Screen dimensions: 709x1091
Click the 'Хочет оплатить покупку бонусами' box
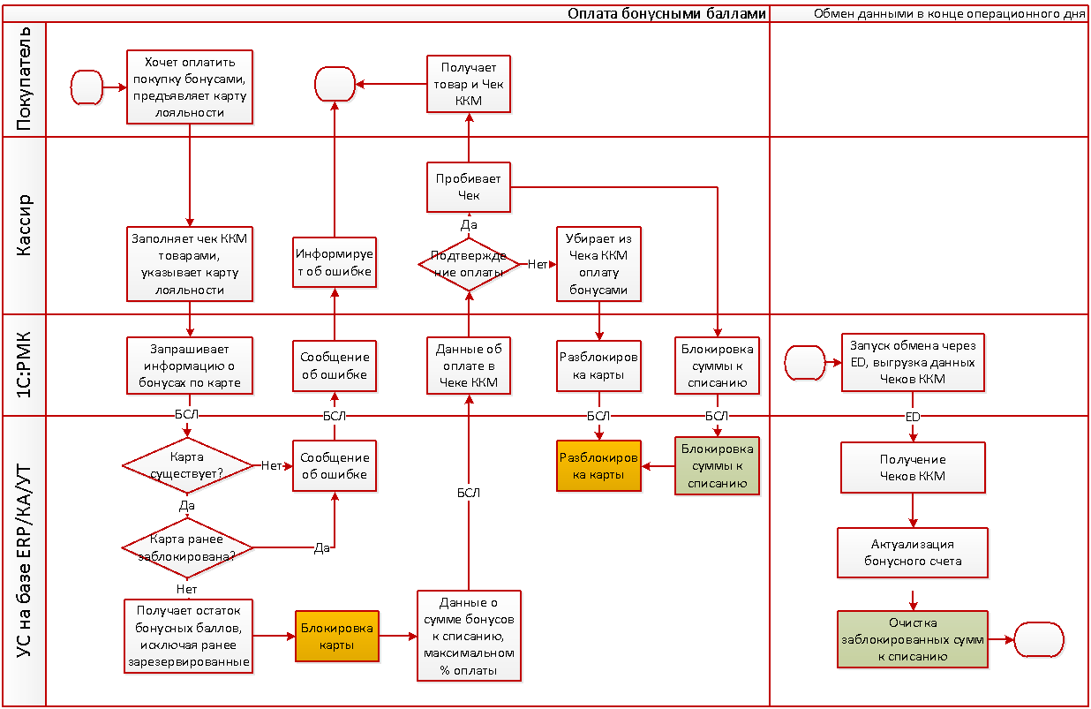tap(190, 86)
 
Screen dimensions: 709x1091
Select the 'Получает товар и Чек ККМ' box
tap(468, 85)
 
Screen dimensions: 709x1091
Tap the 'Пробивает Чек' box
tap(468, 187)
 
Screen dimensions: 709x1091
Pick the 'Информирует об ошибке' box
tap(334, 262)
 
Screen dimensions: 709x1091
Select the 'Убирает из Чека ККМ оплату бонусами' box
tap(599, 263)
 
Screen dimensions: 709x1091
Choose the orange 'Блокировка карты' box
tap(336, 637)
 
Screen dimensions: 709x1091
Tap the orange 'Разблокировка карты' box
tap(599, 466)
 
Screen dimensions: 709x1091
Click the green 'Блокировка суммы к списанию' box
tap(717, 466)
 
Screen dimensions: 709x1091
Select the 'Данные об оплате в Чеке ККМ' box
tap(468, 365)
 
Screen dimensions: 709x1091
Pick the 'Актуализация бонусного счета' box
tap(913, 552)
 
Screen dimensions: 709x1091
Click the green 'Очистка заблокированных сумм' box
tap(913, 638)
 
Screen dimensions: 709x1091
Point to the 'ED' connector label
tap(913, 416)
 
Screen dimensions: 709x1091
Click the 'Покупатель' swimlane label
tap(25, 79)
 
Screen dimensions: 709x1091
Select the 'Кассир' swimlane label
tap(25, 225)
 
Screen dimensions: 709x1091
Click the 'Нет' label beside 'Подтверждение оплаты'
tap(538, 263)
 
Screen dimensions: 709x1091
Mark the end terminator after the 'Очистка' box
tap(1038, 638)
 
